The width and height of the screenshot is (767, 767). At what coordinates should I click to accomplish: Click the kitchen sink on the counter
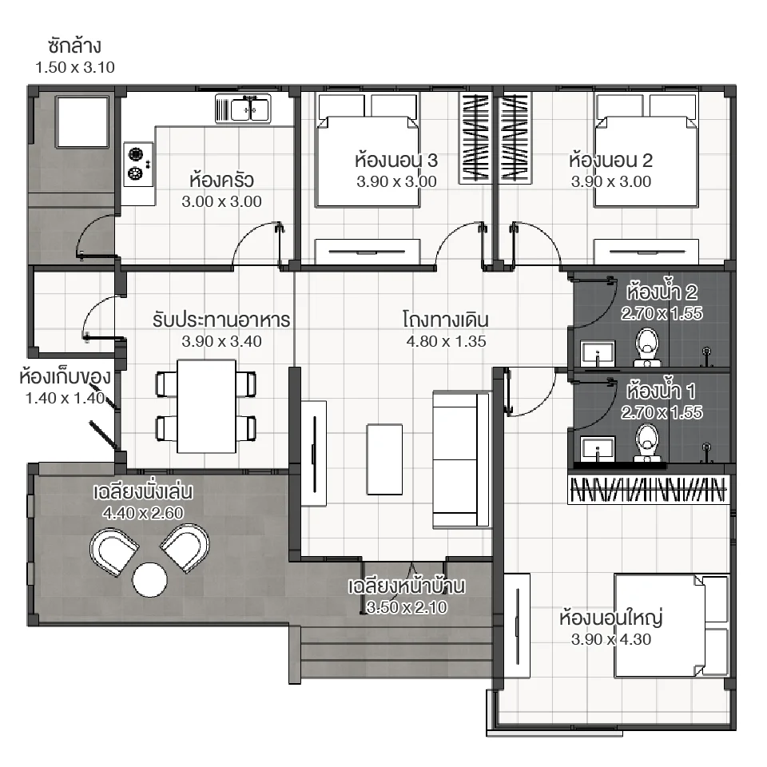[244, 108]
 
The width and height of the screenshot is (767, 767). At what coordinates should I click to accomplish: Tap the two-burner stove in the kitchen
[137, 162]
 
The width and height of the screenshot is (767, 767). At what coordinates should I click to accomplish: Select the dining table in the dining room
[206, 406]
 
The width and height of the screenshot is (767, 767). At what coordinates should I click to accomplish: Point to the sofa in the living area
[462, 459]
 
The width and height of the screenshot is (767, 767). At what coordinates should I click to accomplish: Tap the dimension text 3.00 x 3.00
[221, 202]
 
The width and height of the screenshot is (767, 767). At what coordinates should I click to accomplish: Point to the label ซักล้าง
[75, 45]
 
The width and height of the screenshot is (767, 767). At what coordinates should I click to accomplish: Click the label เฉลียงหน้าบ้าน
[407, 586]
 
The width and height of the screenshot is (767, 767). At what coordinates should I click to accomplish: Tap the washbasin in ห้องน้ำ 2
[597, 352]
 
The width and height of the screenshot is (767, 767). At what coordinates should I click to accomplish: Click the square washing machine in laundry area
[81, 122]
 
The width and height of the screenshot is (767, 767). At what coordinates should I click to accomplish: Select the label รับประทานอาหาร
[221, 320]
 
